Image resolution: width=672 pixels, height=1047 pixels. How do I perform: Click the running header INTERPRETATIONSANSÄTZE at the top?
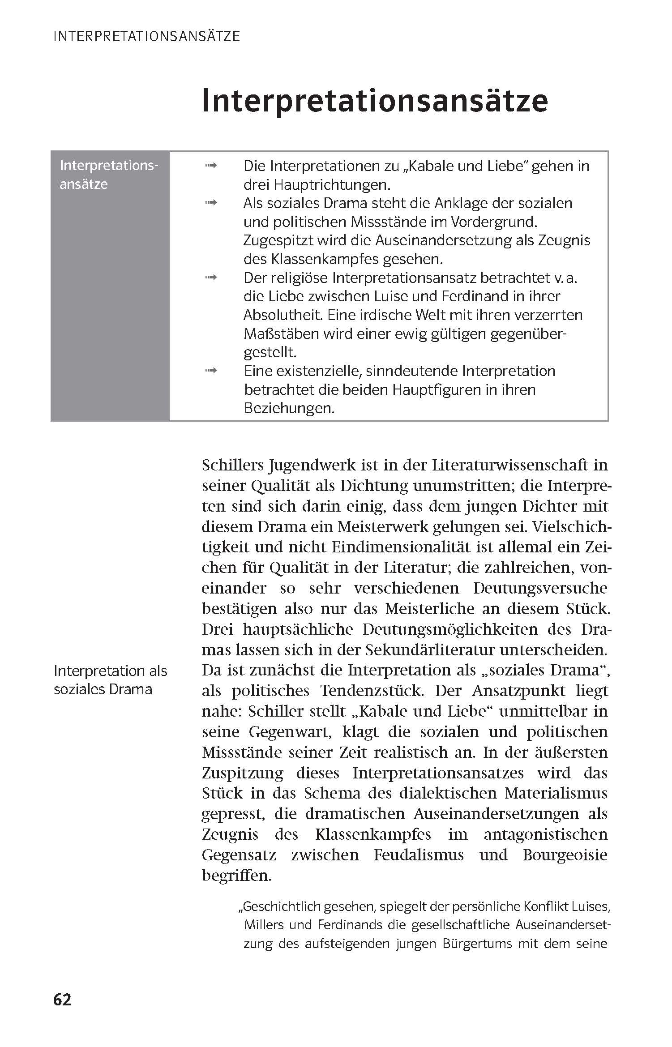(x=146, y=36)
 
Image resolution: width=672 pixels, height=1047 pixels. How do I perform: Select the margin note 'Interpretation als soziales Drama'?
(x=110, y=679)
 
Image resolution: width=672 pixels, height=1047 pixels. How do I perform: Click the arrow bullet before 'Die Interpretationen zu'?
(x=211, y=166)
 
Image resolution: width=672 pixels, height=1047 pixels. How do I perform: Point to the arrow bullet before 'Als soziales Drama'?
(x=211, y=203)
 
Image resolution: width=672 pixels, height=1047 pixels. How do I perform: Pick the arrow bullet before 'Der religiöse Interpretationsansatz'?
(x=211, y=278)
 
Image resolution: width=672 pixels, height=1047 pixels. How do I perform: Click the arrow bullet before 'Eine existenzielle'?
(x=211, y=371)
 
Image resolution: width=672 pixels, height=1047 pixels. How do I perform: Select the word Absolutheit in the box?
(x=283, y=315)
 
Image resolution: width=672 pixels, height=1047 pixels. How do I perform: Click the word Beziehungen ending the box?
(x=289, y=408)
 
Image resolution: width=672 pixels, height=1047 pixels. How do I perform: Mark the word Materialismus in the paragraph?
(x=556, y=793)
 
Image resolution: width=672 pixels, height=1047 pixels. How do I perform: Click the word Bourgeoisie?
(x=565, y=855)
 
